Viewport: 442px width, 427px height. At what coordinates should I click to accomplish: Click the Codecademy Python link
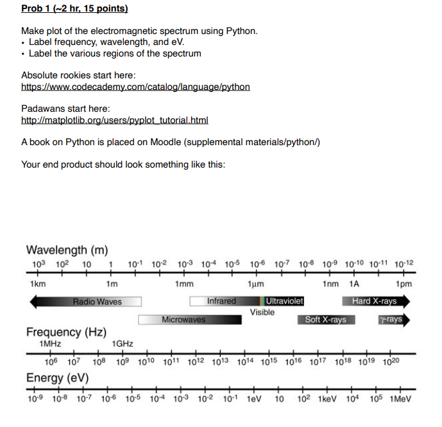135,87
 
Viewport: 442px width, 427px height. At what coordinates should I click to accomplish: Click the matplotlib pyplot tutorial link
115,121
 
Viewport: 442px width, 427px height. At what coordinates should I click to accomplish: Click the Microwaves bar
183,319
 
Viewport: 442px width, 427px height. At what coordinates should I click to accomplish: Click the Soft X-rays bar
325,319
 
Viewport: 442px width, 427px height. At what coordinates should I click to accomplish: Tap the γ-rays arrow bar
393,319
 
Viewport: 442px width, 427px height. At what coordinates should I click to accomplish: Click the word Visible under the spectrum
262,312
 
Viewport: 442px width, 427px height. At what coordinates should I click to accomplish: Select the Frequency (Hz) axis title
66,332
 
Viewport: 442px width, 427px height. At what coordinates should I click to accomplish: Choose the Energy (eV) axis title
57,378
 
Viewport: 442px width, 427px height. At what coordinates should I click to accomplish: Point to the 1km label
37,284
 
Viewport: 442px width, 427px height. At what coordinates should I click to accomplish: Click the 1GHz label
122,344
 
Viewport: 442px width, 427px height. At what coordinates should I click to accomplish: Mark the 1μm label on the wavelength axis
255,284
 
